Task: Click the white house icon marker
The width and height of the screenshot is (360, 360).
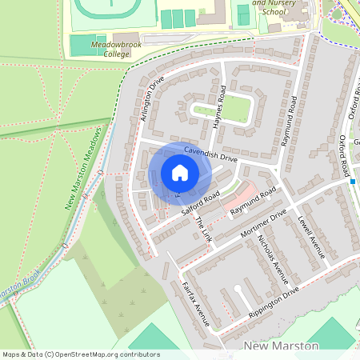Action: click(x=179, y=173)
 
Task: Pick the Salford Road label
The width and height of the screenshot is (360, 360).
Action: click(x=200, y=205)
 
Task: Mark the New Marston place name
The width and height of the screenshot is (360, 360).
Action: click(x=280, y=346)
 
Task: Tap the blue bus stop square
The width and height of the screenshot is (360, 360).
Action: click(x=352, y=182)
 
